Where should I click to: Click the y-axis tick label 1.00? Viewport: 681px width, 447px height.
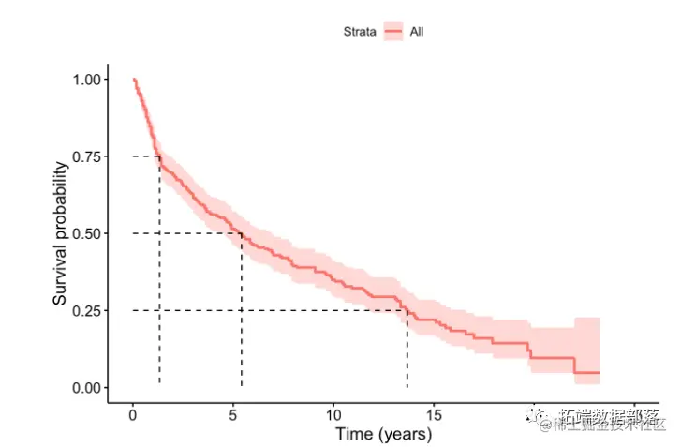(86, 80)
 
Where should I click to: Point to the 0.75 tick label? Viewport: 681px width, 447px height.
(86, 156)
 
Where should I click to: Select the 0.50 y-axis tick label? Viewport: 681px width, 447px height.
(86, 233)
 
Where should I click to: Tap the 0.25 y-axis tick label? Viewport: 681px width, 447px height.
(86, 310)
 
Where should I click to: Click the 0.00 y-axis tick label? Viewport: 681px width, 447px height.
(86, 387)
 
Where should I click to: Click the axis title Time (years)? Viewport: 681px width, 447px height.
(384, 435)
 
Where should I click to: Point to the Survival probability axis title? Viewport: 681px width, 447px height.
(60, 233)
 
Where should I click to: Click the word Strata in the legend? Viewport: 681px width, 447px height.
(359, 32)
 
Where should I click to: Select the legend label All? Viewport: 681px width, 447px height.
(418, 32)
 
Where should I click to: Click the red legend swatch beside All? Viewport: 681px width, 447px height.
(392, 32)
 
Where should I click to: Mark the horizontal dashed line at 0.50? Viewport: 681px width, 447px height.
(187, 233)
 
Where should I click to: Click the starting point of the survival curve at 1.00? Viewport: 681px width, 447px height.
(134, 80)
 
